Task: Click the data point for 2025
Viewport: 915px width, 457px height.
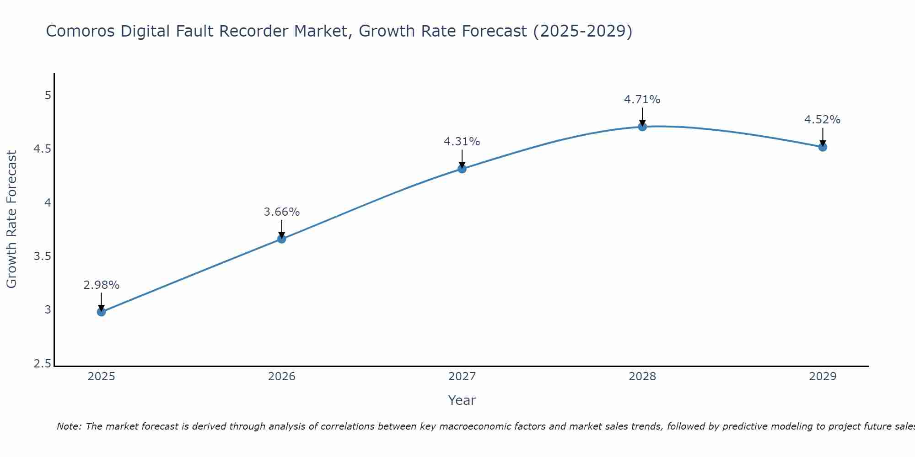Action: pyautogui.click(x=101, y=312)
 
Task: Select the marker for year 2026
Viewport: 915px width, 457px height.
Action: pyautogui.click(x=281, y=239)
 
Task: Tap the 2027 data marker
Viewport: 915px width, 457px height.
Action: pyautogui.click(x=462, y=169)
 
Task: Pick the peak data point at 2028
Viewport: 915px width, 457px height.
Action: pyautogui.click(x=642, y=126)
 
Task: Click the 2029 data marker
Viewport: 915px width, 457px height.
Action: pyautogui.click(x=822, y=147)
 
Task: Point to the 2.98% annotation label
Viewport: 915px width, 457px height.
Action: pyautogui.click(x=101, y=285)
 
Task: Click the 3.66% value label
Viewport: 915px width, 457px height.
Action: pyautogui.click(x=281, y=212)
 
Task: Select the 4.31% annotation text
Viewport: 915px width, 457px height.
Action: pyautogui.click(x=462, y=142)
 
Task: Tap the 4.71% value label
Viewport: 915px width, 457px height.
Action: pyautogui.click(x=642, y=100)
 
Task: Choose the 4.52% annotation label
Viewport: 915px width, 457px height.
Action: pyautogui.click(x=822, y=120)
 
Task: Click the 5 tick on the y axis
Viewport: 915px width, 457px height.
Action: pyautogui.click(x=48, y=96)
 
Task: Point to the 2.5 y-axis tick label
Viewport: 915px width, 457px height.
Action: pyautogui.click(x=43, y=364)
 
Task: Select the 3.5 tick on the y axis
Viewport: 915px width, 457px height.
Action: pyautogui.click(x=43, y=256)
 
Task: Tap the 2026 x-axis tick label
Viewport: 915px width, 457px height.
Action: pyautogui.click(x=281, y=377)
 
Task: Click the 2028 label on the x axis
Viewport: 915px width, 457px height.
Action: pyautogui.click(x=642, y=377)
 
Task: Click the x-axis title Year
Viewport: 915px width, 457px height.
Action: pyautogui.click(x=462, y=400)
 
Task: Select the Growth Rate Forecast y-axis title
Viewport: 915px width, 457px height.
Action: pyautogui.click(x=11, y=219)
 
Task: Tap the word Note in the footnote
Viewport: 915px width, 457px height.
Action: pyautogui.click(x=69, y=426)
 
